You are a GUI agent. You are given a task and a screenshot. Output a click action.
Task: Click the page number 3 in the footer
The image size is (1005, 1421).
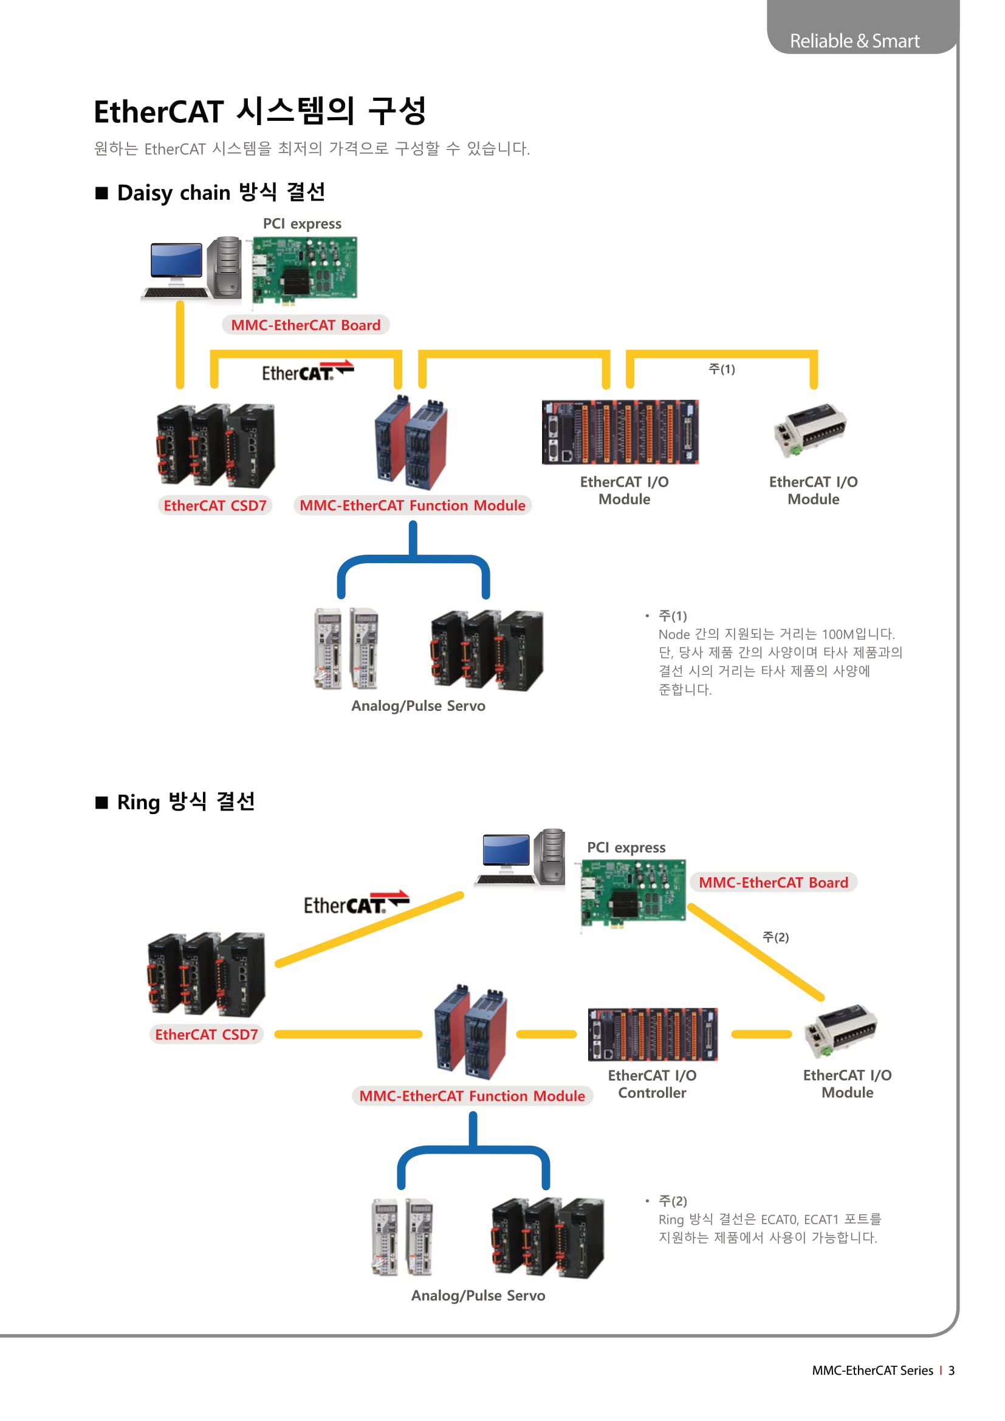tap(951, 1370)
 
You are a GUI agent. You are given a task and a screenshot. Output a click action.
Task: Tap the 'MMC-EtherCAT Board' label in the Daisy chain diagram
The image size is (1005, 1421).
tap(306, 325)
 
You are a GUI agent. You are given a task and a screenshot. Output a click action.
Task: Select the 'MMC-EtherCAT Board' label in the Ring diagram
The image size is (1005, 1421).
tap(773, 883)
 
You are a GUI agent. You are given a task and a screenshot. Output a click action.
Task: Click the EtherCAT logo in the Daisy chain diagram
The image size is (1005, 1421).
tap(307, 371)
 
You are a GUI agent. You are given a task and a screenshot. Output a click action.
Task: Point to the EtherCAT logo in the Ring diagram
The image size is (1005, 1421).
tap(356, 903)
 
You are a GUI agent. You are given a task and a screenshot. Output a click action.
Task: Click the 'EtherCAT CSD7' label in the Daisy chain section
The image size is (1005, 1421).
tap(214, 505)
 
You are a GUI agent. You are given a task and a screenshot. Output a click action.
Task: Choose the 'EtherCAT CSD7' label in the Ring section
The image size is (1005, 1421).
tap(206, 1035)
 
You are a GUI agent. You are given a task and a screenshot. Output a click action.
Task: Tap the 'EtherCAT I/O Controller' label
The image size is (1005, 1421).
tap(651, 1084)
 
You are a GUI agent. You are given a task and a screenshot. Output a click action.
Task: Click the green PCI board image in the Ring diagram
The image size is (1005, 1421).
tap(633, 892)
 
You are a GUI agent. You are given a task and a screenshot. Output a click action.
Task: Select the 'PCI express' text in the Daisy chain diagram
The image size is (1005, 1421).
tap(302, 224)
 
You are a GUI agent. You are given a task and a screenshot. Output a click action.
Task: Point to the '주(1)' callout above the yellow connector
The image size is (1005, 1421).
tap(722, 369)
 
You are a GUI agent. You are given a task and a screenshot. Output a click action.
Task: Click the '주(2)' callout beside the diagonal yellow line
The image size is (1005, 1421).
tap(775, 937)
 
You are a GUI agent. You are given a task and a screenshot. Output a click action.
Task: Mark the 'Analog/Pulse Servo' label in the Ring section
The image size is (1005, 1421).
tap(478, 1295)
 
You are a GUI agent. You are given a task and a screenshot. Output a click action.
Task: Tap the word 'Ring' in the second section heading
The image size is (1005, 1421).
tap(138, 802)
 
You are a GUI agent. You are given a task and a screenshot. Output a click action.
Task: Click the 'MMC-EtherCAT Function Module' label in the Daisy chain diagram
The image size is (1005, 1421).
tap(412, 505)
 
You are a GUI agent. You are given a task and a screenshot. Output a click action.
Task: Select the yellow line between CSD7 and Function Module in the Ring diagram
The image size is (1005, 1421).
tap(348, 1034)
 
